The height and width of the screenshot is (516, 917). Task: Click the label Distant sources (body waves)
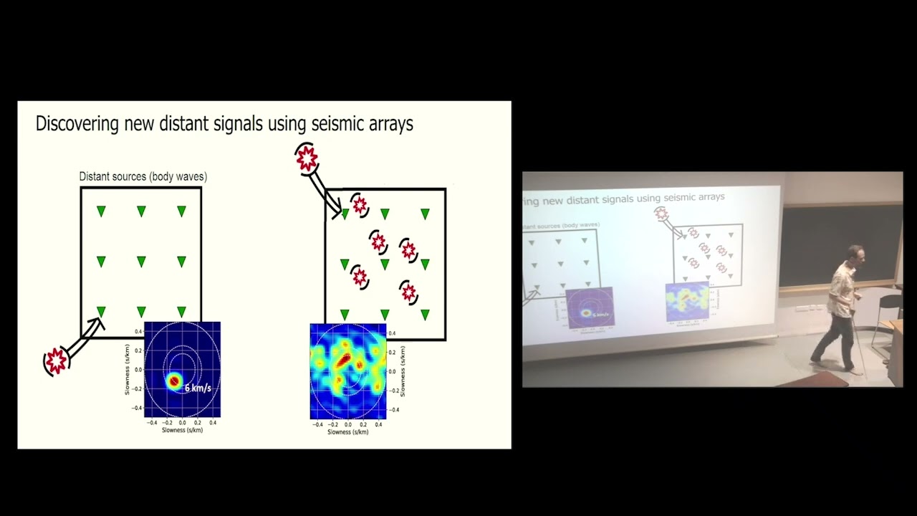tap(143, 176)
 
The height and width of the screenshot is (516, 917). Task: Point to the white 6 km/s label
tap(198, 388)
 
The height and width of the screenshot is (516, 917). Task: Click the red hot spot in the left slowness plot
tap(173, 381)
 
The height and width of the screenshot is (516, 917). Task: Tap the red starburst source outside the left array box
tap(56, 361)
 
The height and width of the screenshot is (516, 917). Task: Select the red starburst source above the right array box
tap(307, 158)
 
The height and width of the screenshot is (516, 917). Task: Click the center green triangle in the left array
tap(141, 262)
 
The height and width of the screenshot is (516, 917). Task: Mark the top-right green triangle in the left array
tap(181, 211)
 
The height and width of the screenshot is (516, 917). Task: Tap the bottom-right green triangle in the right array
tap(425, 315)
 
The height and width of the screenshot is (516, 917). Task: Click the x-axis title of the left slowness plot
tap(182, 430)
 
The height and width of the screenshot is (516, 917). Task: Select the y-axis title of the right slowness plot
tap(403, 371)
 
